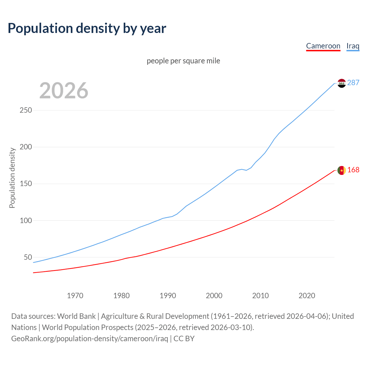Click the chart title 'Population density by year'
[x=87, y=28]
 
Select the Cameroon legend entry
[x=323, y=46]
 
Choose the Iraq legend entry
[x=353, y=46]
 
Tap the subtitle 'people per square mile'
[x=183, y=61]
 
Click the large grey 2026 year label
[x=64, y=91]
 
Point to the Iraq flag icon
[x=341, y=83]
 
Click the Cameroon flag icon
[x=341, y=170]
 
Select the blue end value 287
[x=353, y=83]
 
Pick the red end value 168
[x=353, y=170]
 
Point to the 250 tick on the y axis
[x=26, y=110]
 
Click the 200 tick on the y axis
[x=26, y=147]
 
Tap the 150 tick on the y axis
[x=26, y=183]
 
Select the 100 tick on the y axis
[x=26, y=220]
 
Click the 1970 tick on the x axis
[x=75, y=296]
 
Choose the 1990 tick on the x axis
[x=168, y=296]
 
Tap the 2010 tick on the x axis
[x=260, y=296]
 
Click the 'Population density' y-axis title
[x=12, y=178]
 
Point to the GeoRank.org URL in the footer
[x=89, y=338]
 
